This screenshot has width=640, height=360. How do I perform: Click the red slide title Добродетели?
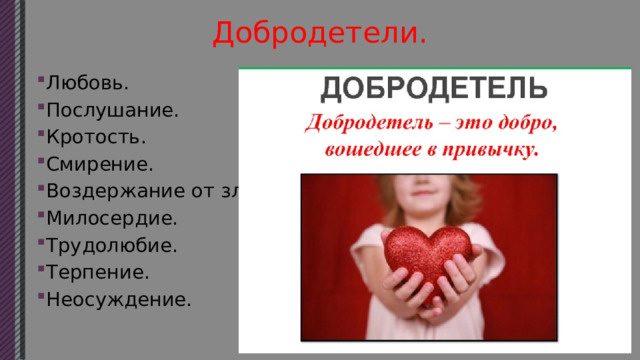(320, 32)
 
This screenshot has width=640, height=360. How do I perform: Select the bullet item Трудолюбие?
(110, 244)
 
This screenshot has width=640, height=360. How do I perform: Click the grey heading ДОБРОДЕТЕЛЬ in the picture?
(433, 89)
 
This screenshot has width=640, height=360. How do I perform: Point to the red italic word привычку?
(493, 152)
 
